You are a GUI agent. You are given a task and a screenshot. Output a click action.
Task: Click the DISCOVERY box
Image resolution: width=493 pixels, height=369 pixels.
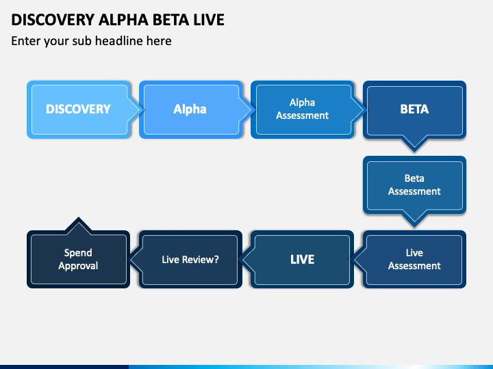[79, 109]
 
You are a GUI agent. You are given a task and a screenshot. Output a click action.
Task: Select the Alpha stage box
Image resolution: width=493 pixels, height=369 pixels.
[190, 109]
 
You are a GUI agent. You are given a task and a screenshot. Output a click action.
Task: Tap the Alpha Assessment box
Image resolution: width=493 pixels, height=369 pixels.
[303, 109]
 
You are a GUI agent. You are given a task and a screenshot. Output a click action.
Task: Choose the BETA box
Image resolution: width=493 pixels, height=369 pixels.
[414, 109]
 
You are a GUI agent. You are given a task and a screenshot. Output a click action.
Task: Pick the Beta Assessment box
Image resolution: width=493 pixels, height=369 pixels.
[414, 185]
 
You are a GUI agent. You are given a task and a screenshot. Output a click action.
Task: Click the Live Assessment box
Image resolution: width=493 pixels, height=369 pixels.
[414, 259]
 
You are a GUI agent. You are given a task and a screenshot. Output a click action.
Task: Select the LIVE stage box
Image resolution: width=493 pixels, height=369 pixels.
[303, 259]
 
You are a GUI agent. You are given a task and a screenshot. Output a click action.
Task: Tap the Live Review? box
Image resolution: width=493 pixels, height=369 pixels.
[190, 259]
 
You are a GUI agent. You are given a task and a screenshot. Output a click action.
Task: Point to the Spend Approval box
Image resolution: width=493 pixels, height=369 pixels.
[79, 259]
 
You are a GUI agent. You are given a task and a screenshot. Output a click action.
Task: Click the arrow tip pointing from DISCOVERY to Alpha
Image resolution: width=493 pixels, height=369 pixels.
[143, 109]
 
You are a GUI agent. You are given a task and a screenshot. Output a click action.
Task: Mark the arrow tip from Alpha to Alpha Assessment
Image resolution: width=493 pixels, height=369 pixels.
[255, 109]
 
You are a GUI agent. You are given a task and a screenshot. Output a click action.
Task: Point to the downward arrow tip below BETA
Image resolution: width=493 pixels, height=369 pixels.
[414, 152]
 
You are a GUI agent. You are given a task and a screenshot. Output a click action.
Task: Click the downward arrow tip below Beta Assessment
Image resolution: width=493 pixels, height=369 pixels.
[414, 227]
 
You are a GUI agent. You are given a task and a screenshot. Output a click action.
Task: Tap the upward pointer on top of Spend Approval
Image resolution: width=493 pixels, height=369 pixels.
[79, 217]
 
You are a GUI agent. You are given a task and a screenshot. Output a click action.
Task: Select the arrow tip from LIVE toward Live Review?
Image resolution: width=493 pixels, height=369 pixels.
[238, 259]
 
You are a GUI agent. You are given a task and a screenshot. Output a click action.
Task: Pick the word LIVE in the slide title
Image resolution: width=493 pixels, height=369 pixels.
[209, 20]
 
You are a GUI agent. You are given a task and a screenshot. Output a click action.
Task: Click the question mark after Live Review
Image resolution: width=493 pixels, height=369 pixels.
[216, 260]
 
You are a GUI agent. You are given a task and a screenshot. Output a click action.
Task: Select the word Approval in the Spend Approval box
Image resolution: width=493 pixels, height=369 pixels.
[78, 266]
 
